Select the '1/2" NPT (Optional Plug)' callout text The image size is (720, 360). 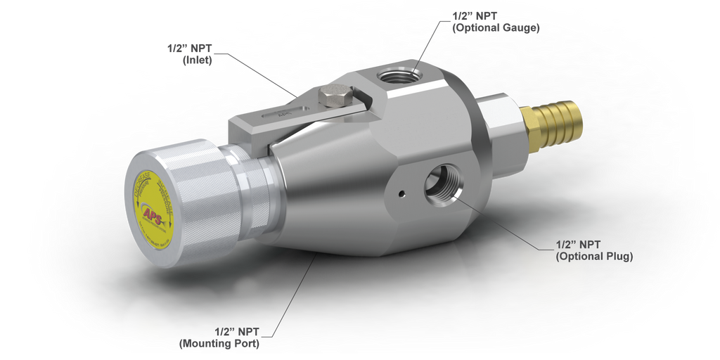[x=594, y=251]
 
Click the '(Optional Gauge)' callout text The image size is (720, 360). [x=495, y=28]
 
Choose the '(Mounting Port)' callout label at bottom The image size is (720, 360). [x=221, y=344]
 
